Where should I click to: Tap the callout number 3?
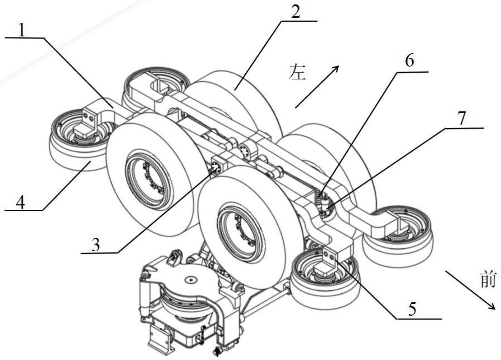pyautogui.click(x=96, y=245)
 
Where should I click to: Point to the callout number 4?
pyautogui.click(x=21, y=201)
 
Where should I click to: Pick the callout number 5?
pyautogui.click(x=412, y=309)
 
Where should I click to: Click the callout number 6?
pyautogui.click(x=409, y=61)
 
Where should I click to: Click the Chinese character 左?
pyautogui.click(x=297, y=72)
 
